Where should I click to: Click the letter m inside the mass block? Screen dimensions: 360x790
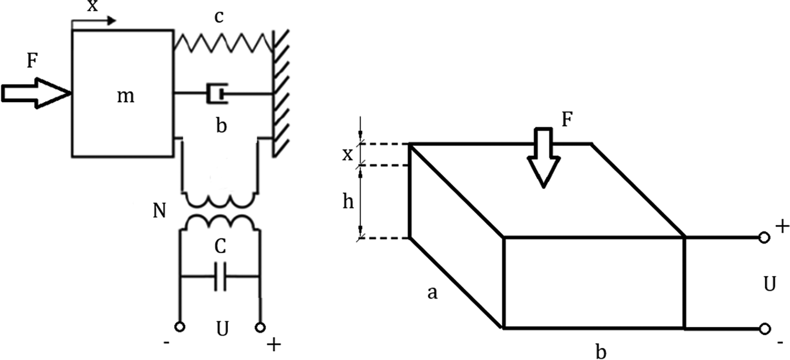pyautogui.click(x=125, y=96)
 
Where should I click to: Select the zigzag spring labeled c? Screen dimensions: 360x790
pyautogui.click(x=223, y=42)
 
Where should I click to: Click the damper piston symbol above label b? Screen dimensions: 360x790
pyautogui.click(x=216, y=94)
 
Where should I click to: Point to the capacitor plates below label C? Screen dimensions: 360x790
pyautogui.click(x=220, y=276)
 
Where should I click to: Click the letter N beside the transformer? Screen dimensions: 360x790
pyautogui.click(x=160, y=211)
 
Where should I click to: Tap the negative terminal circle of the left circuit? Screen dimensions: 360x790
pyautogui.click(x=180, y=327)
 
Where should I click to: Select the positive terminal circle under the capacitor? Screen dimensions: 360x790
pyautogui.click(x=260, y=327)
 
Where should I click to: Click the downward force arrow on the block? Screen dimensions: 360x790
pyautogui.click(x=544, y=157)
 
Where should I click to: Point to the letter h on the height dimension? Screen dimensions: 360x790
pyautogui.click(x=348, y=201)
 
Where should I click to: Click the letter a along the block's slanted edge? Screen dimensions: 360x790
pyautogui.click(x=432, y=292)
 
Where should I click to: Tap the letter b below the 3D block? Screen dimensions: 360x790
pyautogui.click(x=601, y=352)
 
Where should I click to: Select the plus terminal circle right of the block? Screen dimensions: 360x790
pyautogui.click(x=764, y=237)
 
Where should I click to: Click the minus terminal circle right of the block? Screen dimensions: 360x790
pyautogui.click(x=764, y=328)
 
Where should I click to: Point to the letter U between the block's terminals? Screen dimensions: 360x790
pyautogui.click(x=769, y=284)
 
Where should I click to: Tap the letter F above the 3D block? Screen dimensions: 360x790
pyautogui.click(x=567, y=119)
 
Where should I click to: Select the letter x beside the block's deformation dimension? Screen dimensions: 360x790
pyautogui.click(x=348, y=154)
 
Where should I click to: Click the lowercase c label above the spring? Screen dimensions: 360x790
pyautogui.click(x=219, y=17)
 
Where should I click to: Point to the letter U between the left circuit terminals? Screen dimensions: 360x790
pyautogui.click(x=222, y=328)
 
